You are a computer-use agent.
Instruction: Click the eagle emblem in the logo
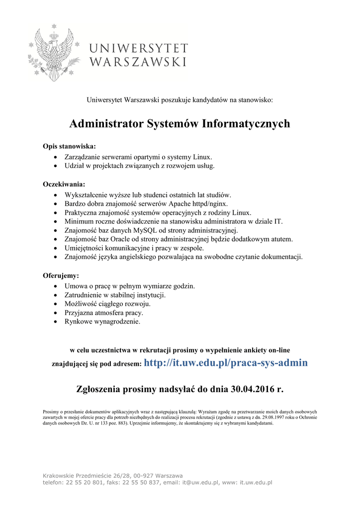coord(52,55)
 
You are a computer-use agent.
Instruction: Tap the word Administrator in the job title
coord(106,123)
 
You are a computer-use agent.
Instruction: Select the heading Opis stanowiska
coord(69,147)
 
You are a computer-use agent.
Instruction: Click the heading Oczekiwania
coord(64,184)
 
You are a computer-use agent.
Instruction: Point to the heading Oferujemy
coord(61,275)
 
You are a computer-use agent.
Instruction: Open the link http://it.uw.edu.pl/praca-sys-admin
coord(226,363)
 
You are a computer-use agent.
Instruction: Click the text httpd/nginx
coord(210,203)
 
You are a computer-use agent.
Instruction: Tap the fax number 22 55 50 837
coord(141,482)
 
